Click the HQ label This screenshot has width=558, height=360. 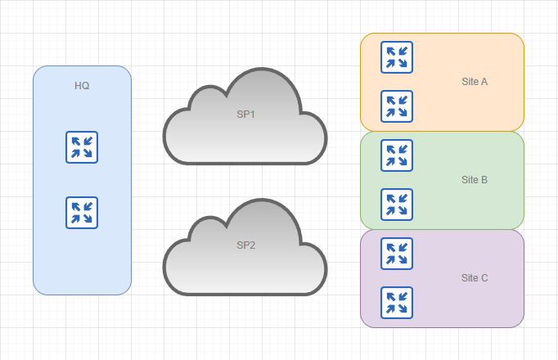click(x=82, y=86)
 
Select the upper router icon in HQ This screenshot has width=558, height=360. click(x=82, y=147)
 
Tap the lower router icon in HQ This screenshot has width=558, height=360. click(x=82, y=213)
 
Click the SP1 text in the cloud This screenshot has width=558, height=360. click(x=246, y=115)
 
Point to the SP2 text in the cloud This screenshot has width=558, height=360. click(x=246, y=245)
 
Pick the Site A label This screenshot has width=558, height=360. click(x=475, y=82)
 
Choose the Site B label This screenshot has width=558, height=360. click(x=475, y=180)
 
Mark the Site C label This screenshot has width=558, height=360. click(x=475, y=278)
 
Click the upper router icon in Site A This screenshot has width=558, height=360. click(x=397, y=57)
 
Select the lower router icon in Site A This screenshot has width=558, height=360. click(x=397, y=106)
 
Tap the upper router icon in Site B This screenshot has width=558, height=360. click(x=397, y=155)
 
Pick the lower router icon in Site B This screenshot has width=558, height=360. click(x=397, y=205)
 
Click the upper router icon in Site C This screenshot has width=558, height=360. click(x=397, y=254)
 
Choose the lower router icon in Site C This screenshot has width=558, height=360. click(x=397, y=303)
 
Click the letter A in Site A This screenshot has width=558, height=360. click(x=484, y=82)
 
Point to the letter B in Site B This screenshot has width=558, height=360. click(x=484, y=180)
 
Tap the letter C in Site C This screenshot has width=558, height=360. click(x=484, y=278)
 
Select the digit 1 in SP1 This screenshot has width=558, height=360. click(x=253, y=115)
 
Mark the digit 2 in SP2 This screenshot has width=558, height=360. click(x=253, y=245)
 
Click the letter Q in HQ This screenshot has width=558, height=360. click(x=86, y=86)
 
